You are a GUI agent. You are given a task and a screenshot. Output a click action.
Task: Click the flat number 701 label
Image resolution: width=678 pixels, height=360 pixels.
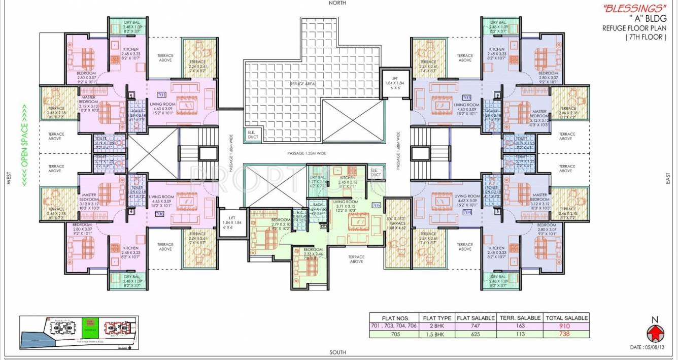(x=162, y=94)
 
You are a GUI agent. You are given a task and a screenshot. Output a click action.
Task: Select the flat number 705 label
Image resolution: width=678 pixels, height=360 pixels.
(x=376, y=206)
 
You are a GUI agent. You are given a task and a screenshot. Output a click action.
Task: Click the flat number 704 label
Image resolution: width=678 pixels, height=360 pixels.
(x=467, y=212)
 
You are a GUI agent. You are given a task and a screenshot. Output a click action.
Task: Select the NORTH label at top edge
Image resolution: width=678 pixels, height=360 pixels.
(x=337, y=3)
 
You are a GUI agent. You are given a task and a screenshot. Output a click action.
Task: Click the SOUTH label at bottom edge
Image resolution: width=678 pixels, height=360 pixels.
(x=337, y=352)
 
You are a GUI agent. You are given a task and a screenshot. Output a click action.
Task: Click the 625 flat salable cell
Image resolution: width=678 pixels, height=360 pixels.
(x=475, y=334)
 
